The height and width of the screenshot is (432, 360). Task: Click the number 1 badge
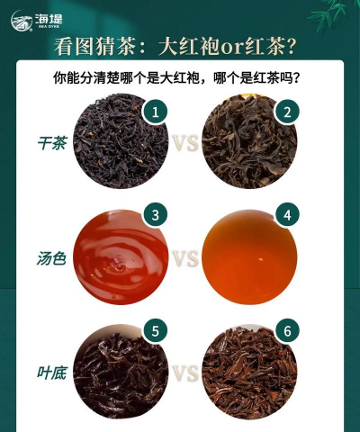click(157, 112)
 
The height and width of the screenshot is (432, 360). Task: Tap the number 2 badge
click(287, 112)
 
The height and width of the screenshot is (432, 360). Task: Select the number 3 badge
click(157, 216)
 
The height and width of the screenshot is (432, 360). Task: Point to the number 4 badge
click(287, 216)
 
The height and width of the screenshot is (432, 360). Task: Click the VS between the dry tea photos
click(184, 143)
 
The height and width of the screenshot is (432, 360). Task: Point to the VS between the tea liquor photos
click(184, 259)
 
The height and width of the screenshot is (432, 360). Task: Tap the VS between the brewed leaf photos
click(184, 373)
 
